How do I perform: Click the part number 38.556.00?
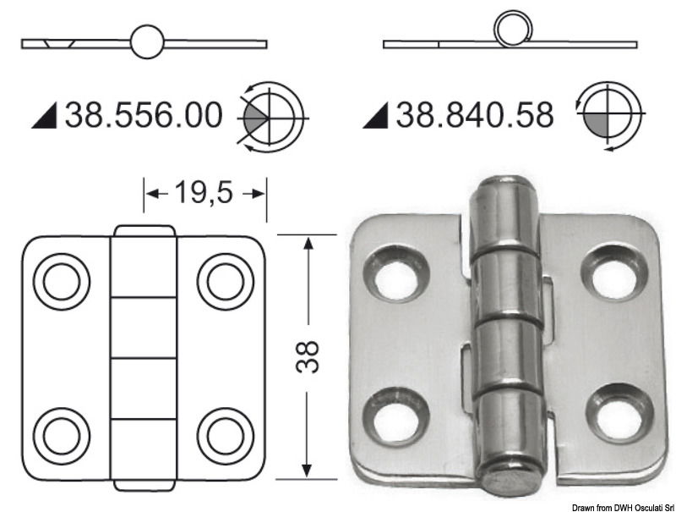(x=144, y=114)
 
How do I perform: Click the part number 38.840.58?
(x=475, y=114)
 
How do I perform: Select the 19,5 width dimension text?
(x=204, y=193)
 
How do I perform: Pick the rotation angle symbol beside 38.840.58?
(x=608, y=116)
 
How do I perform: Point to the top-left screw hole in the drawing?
(x=61, y=280)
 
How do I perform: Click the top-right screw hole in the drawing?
(x=226, y=280)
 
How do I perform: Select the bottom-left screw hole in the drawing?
(x=61, y=434)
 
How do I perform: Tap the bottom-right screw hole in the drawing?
(x=226, y=434)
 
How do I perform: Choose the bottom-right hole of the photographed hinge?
(x=620, y=415)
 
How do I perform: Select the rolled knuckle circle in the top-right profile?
(x=511, y=31)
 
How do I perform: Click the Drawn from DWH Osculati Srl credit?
(x=621, y=505)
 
